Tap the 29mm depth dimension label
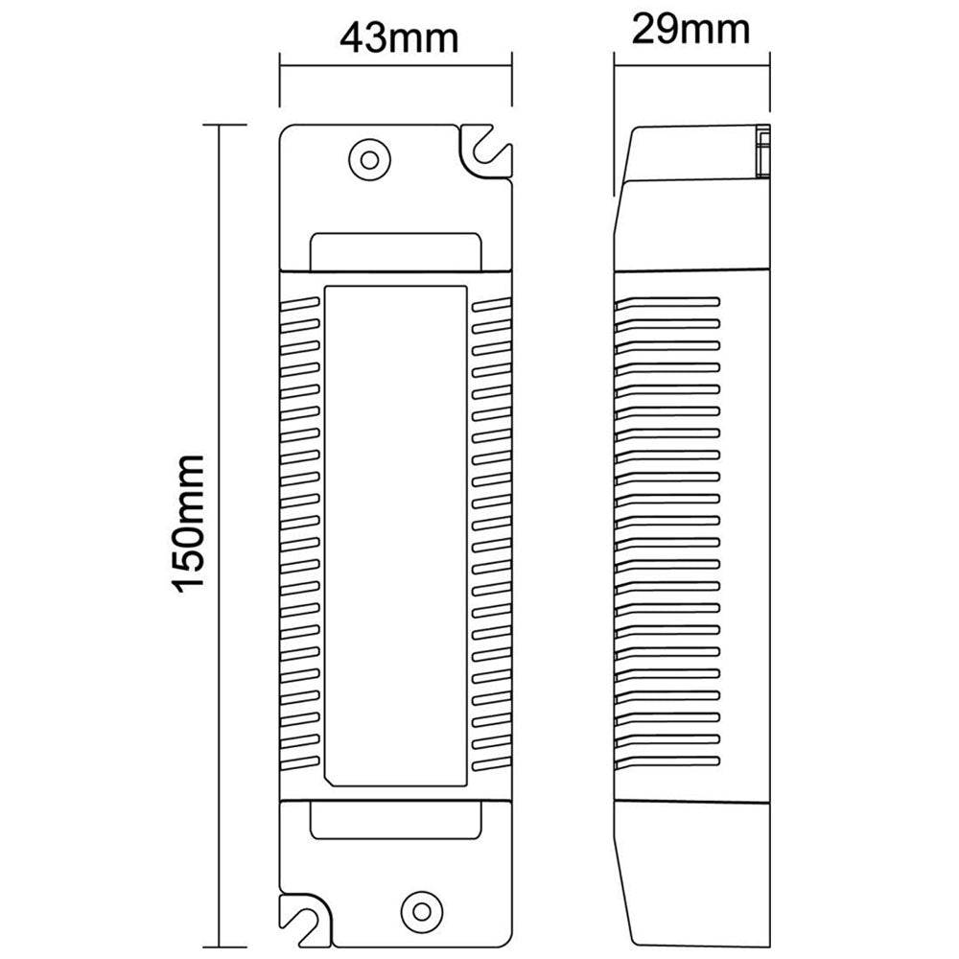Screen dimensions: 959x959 click(x=690, y=31)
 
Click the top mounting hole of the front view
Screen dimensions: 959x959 click(x=367, y=157)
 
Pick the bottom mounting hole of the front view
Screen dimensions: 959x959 click(x=419, y=904)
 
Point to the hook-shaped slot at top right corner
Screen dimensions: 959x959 click(x=486, y=151)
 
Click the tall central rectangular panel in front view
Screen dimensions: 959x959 click(x=396, y=535)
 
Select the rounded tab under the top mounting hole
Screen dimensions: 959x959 click(x=396, y=248)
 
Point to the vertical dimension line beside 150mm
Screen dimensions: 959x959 click(x=221, y=525)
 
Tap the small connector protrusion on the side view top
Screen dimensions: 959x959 click(x=763, y=152)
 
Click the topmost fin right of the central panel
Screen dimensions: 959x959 click(x=492, y=302)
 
